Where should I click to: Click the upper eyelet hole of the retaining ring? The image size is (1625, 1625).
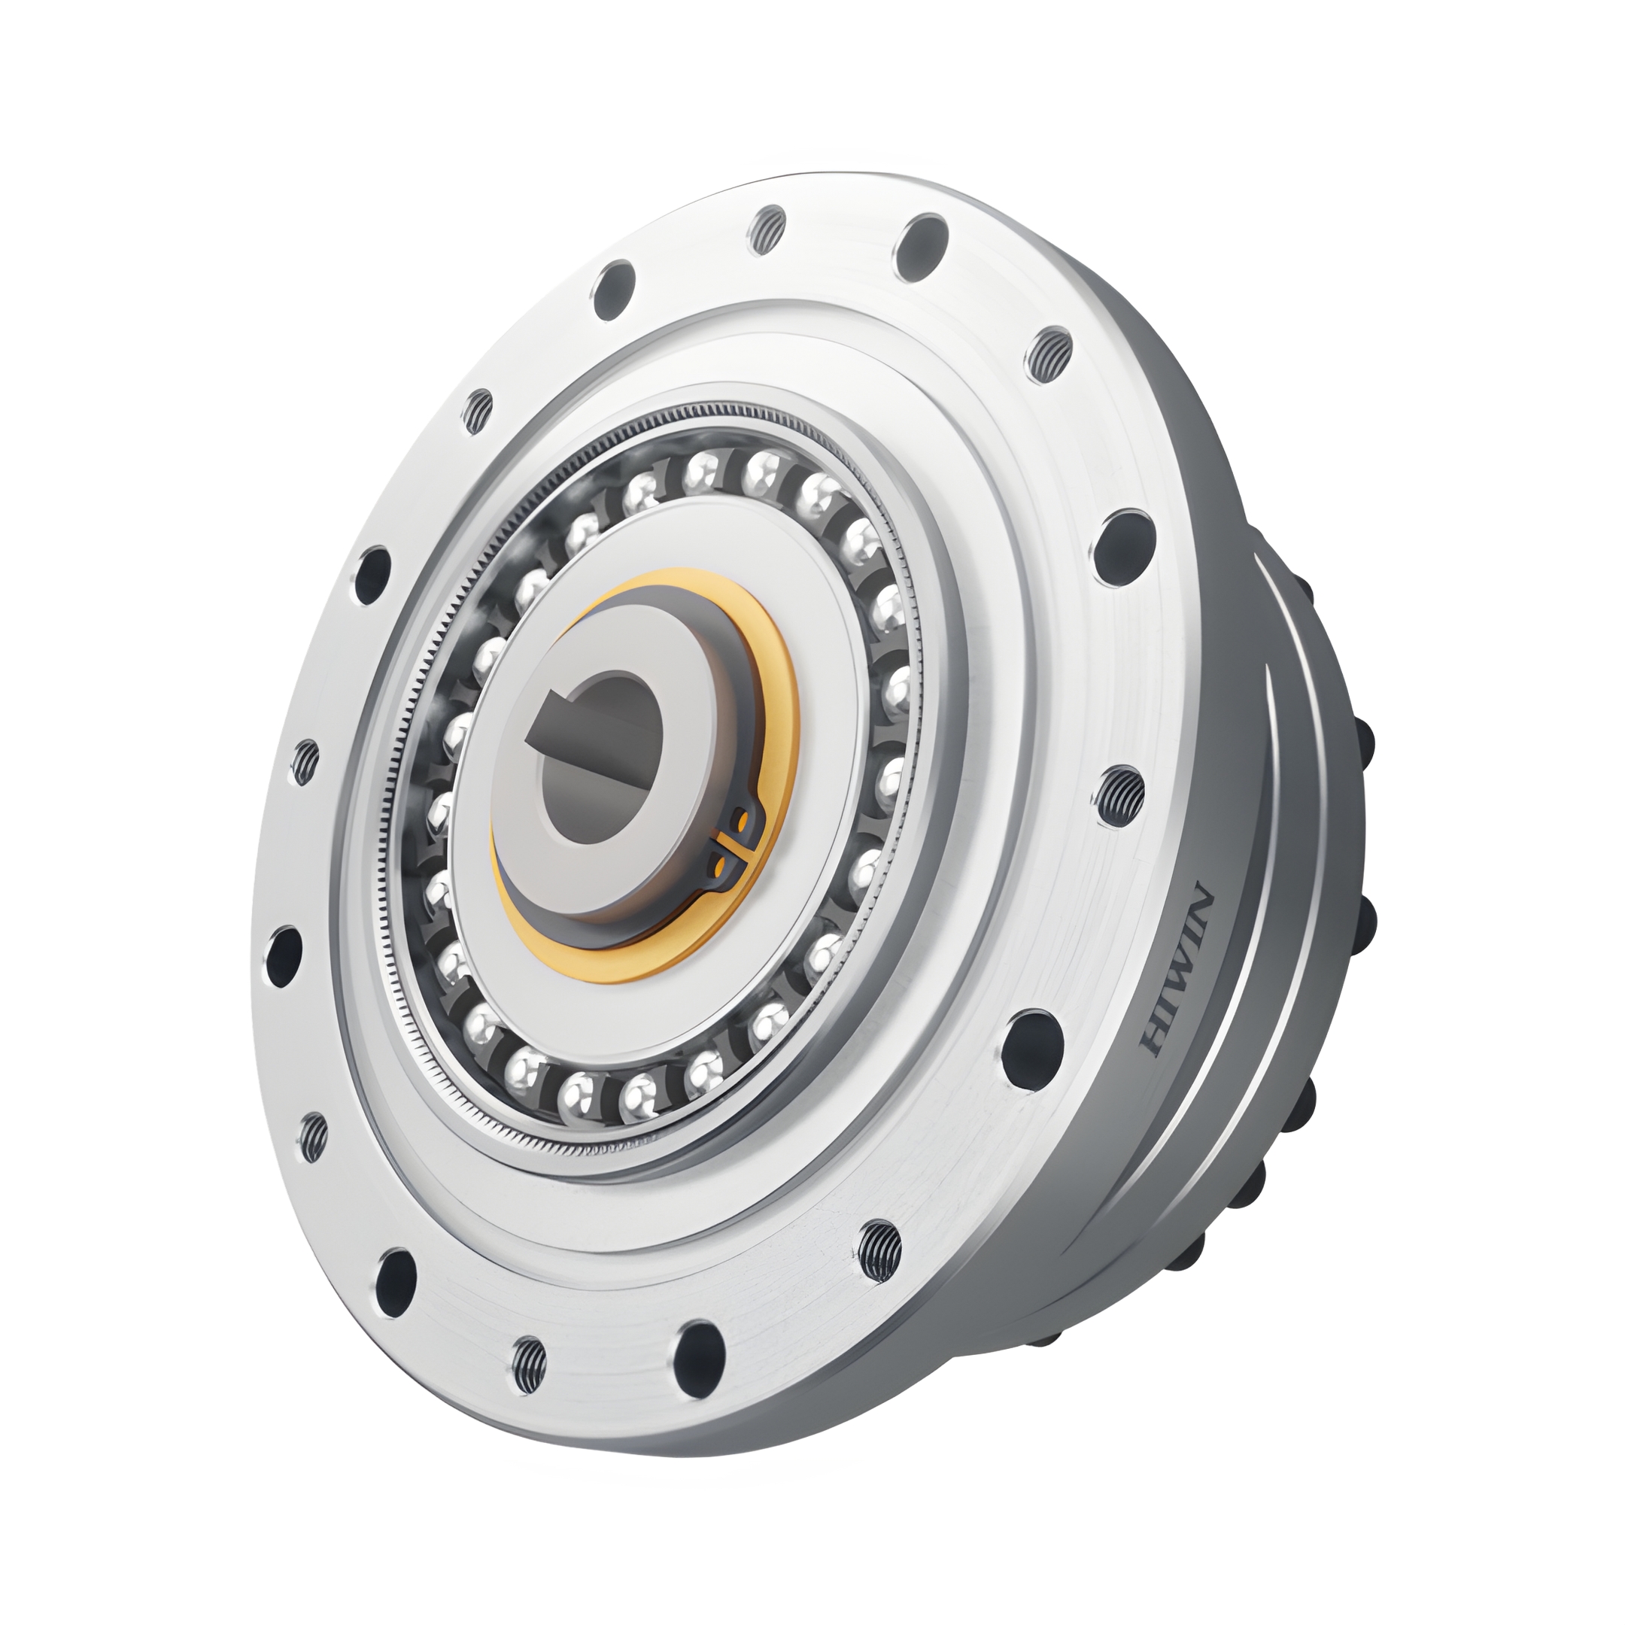pos(740,820)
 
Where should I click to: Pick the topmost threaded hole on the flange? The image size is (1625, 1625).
pos(767,228)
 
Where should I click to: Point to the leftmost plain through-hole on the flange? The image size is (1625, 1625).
pos(284,956)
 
